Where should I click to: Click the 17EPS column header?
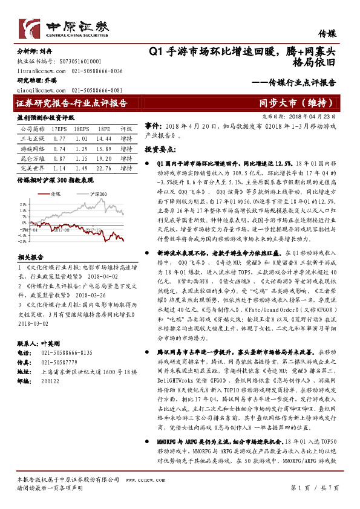pos(59,129)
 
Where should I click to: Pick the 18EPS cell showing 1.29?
pos(82,148)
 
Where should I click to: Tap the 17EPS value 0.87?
pos(59,158)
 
